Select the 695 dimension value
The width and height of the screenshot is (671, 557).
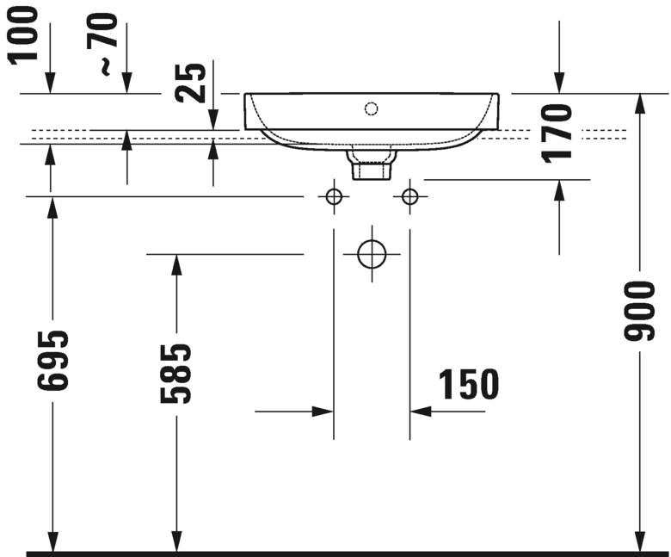tap(53, 360)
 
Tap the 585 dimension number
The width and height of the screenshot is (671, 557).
tap(176, 374)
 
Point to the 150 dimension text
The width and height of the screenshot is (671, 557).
tap(468, 385)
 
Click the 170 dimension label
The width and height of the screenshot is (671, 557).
tap(559, 132)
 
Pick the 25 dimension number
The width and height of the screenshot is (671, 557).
tap(196, 84)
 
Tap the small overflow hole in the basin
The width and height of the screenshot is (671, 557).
tap(371, 108)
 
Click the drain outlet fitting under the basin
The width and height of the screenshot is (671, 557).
tap(370, 164)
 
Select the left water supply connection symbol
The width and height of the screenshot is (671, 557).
tap(334, 197)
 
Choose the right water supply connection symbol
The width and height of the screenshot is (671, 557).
tap(409, 197)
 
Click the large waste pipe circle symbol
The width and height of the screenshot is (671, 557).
tap(372, 254)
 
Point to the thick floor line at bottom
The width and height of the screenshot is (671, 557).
tap(344, 554)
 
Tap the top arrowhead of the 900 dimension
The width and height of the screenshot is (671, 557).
tap(640, 102)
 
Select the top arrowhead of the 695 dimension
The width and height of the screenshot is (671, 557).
tap(53, 206)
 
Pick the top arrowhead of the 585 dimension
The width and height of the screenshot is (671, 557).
tap(176, 263)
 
